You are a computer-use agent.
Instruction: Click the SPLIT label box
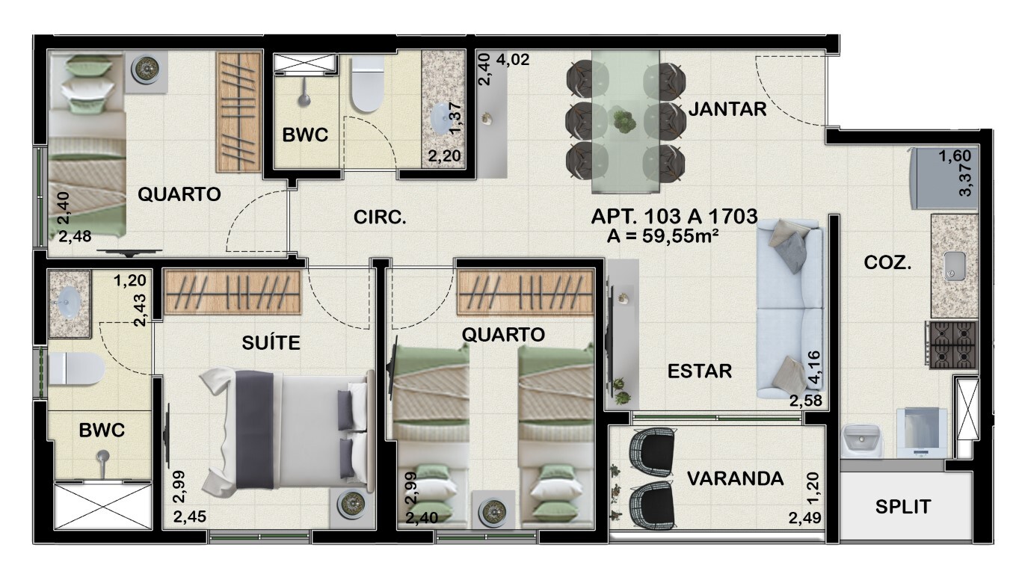tap(902, 507)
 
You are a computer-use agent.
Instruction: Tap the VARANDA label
tap(735, 478)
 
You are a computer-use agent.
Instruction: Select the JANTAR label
tap(727, 109)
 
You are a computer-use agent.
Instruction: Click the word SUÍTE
tap(271, 343)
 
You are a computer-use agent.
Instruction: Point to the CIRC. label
tap(380, 218)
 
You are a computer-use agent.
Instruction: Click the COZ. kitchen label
tap(887, 262)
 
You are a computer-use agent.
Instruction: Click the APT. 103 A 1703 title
tap(674, 217)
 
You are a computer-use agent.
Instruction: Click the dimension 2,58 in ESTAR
tap(805, 402)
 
